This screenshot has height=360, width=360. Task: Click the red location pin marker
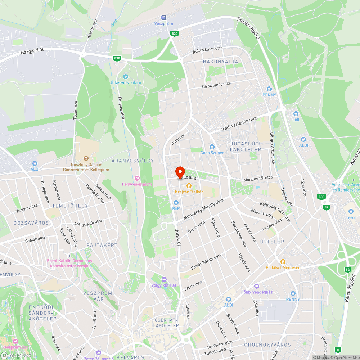(x=180, y=173)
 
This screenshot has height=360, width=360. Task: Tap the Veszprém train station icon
(x=164, y=17)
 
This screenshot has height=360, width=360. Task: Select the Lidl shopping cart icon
(x=296, y=113)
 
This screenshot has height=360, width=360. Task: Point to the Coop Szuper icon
(x=212, y=147)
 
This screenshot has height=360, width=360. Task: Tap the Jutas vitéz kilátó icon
(x=126, y=76)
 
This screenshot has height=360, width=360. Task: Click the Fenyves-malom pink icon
(x=137, y=178)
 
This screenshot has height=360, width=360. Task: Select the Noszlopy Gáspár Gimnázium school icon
(x=86, y=158)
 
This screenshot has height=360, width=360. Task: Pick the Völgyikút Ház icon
(x=164, y=279)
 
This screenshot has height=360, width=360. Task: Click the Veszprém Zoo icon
(x=15, y=341)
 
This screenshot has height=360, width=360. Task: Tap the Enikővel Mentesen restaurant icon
(x=283, y=261)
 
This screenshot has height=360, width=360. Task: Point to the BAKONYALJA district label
(x=221, y=62)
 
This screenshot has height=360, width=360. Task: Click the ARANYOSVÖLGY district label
(x=132, y=161)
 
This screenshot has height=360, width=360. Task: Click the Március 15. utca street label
(x=258, y=178)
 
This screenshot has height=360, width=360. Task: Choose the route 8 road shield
(x=338, y=349)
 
